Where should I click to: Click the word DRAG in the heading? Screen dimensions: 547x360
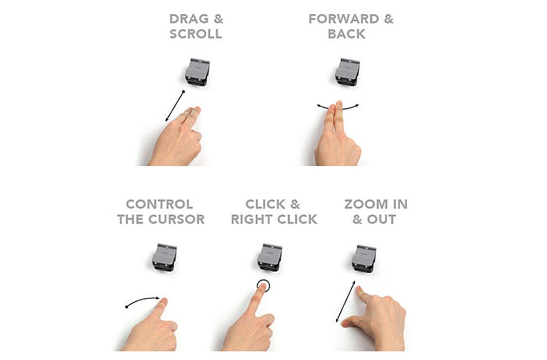click(189, 19)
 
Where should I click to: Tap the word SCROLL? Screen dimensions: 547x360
click(196, 34)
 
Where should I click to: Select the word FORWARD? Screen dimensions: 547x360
click(344, 19)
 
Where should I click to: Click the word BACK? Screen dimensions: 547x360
click(347, 34)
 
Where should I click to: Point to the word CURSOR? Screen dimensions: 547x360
click(177, 219)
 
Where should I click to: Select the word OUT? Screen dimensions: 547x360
click(381, 219)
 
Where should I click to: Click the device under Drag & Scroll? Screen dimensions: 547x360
click(197, 72)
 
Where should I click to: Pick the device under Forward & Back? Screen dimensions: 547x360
click(347, 72)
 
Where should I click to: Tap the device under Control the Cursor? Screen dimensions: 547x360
click(165, 258)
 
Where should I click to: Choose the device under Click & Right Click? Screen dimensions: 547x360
click(270, 258)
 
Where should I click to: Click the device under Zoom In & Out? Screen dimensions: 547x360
click(364, 259)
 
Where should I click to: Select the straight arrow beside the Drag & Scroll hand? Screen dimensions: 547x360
click(175, 106)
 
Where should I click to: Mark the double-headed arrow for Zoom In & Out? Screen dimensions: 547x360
click(345, 302)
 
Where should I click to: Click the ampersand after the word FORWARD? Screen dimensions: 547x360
click(389, 19)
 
